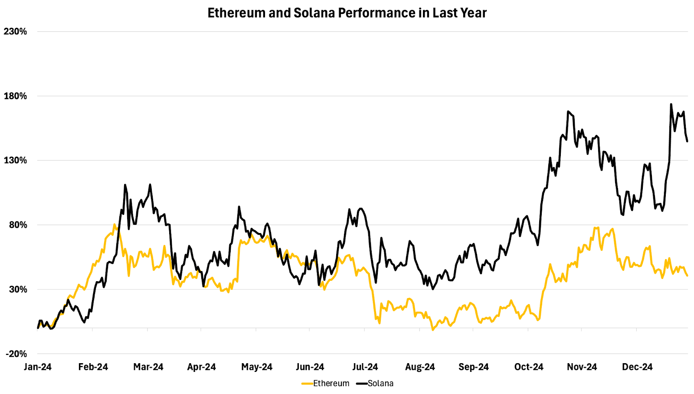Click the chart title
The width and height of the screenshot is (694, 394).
tap(347, 13)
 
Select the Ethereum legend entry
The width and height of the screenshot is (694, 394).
tap(331, 383)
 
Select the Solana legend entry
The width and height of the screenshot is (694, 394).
tap(380, 383)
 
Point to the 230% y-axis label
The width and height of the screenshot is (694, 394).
tap(15, 31)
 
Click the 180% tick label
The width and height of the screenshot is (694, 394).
tap(15, 96)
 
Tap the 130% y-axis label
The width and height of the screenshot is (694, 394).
tap(15, 160)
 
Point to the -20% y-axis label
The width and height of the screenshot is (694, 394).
tap(16, 354)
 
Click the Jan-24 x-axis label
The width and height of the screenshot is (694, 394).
tap(38, 367)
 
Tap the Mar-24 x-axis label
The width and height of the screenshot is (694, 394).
tap(148, 367)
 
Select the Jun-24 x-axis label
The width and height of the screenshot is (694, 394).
tap(310, 367)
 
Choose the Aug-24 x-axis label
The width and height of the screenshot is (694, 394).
tap(420, 367)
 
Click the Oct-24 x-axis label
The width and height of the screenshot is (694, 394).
tap(529, 367)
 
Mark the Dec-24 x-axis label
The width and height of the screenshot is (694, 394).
tap(637, 367)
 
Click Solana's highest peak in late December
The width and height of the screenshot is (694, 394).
tap(671, 104)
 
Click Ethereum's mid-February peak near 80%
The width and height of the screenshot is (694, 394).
tap(115, 224)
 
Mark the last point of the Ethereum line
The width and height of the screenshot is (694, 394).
tap(687, 276)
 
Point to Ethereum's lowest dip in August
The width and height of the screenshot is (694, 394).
tap(433, 330)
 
